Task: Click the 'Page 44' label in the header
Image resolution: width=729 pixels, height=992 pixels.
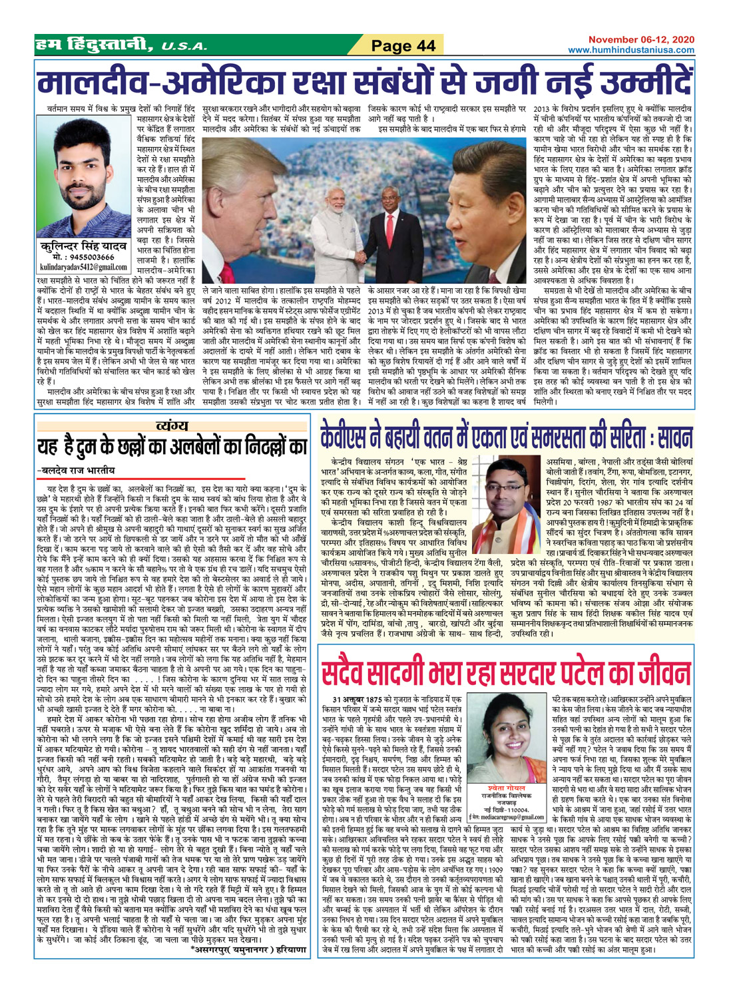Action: point(403,45)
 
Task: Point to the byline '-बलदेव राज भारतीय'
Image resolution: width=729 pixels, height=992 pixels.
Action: point(77,469)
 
